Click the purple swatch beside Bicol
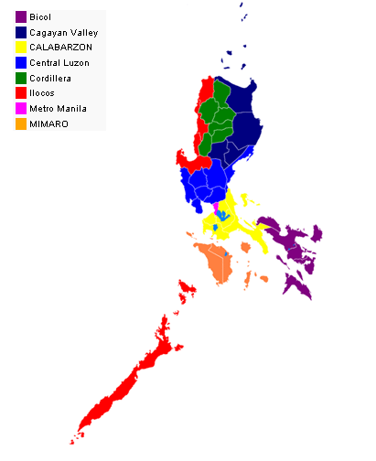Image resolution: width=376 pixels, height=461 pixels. point(20,17)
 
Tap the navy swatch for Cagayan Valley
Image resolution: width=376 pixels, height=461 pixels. point(20,32)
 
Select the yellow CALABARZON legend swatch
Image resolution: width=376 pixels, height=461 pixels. point(20,48)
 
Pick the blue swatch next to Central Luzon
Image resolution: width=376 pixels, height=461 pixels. point(20,63)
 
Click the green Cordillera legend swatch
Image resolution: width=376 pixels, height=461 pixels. point(20,78)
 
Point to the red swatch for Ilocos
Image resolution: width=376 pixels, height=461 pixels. point(20,93)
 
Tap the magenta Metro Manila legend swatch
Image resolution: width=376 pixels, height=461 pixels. point(20,109)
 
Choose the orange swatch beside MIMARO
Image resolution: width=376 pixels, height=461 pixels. point(20,123)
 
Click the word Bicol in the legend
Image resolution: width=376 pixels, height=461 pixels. point(40,17)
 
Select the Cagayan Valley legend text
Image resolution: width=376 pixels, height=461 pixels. point(63,33)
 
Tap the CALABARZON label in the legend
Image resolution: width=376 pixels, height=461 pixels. point(60,48)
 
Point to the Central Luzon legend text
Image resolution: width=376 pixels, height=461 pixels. point(59,63)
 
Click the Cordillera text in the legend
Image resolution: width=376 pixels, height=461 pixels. point(51,78)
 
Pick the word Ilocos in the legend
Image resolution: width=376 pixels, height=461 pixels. point(43,93)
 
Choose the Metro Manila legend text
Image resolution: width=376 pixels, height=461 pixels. point(59,109)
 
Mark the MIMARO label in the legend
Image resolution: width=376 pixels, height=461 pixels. point(48,123)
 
